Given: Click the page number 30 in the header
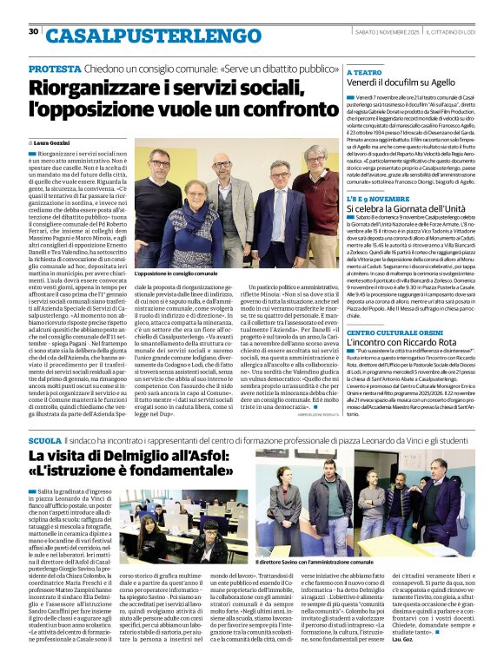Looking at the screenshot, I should click(x=33, y=32).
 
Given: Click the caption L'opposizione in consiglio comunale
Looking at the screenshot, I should click(x=176, y=273).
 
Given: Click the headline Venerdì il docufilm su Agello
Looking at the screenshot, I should click(x=400, y=84).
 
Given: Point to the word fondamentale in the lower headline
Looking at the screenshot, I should click(x=174, y=477).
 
